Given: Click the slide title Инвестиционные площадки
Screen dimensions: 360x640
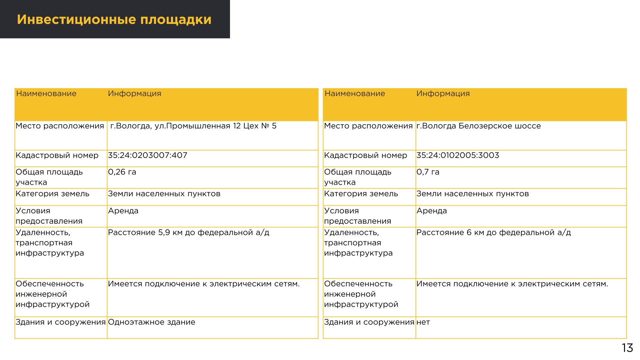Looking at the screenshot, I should tap(114, 19).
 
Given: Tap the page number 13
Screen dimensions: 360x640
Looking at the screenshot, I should tap(627, 348).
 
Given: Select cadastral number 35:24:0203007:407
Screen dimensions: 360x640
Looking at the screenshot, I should tap(147, 155).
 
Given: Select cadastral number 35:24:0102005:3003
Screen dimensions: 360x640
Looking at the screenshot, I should tap(457, 155).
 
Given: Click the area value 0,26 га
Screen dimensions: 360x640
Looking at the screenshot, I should tap(122, 172).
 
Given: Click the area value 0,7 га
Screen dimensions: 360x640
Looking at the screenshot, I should tap(428, 172).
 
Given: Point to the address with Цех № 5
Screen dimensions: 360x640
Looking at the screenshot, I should tap(193, 126).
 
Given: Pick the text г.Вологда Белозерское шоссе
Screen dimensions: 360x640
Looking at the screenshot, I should tap(478, 126).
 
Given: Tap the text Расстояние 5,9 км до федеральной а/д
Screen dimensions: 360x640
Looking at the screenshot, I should tap(188, 233).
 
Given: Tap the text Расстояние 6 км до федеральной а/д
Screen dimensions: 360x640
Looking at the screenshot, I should tap(493, 233).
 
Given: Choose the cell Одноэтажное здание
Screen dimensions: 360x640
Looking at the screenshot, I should tap(151, 322).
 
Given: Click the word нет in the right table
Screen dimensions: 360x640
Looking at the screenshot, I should tap(423, 322).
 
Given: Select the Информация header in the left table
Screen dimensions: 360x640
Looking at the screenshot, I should tap(134, 94).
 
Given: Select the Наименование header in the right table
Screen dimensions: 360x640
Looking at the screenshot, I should tap(355, 94).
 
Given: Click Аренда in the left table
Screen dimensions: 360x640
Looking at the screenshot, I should tap(123, 211).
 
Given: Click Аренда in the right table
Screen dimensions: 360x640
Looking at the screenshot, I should tap(431, 211).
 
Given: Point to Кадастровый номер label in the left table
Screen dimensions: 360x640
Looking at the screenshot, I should tap(57, 155).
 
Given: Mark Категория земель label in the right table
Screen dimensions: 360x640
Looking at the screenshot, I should tap(361, 194).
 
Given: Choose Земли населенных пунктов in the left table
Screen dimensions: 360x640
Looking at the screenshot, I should tap(164, 194).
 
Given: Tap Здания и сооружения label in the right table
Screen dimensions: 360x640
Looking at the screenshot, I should tap(369, 322).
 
